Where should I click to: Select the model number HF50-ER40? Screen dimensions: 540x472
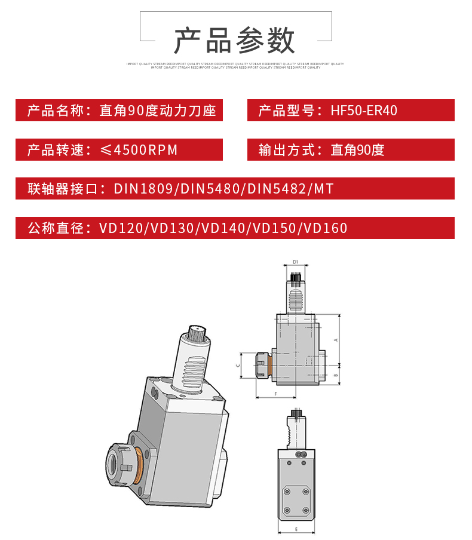point(364,111)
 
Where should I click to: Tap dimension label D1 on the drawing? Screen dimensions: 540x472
point(295,262)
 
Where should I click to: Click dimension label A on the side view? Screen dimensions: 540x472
point(336,340)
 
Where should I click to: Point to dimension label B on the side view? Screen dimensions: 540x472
point(336,375)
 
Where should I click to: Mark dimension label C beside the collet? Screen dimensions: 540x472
point(239,364)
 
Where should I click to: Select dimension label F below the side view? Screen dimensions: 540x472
point(275,395)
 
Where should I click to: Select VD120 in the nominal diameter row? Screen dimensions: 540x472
point(121,228)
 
